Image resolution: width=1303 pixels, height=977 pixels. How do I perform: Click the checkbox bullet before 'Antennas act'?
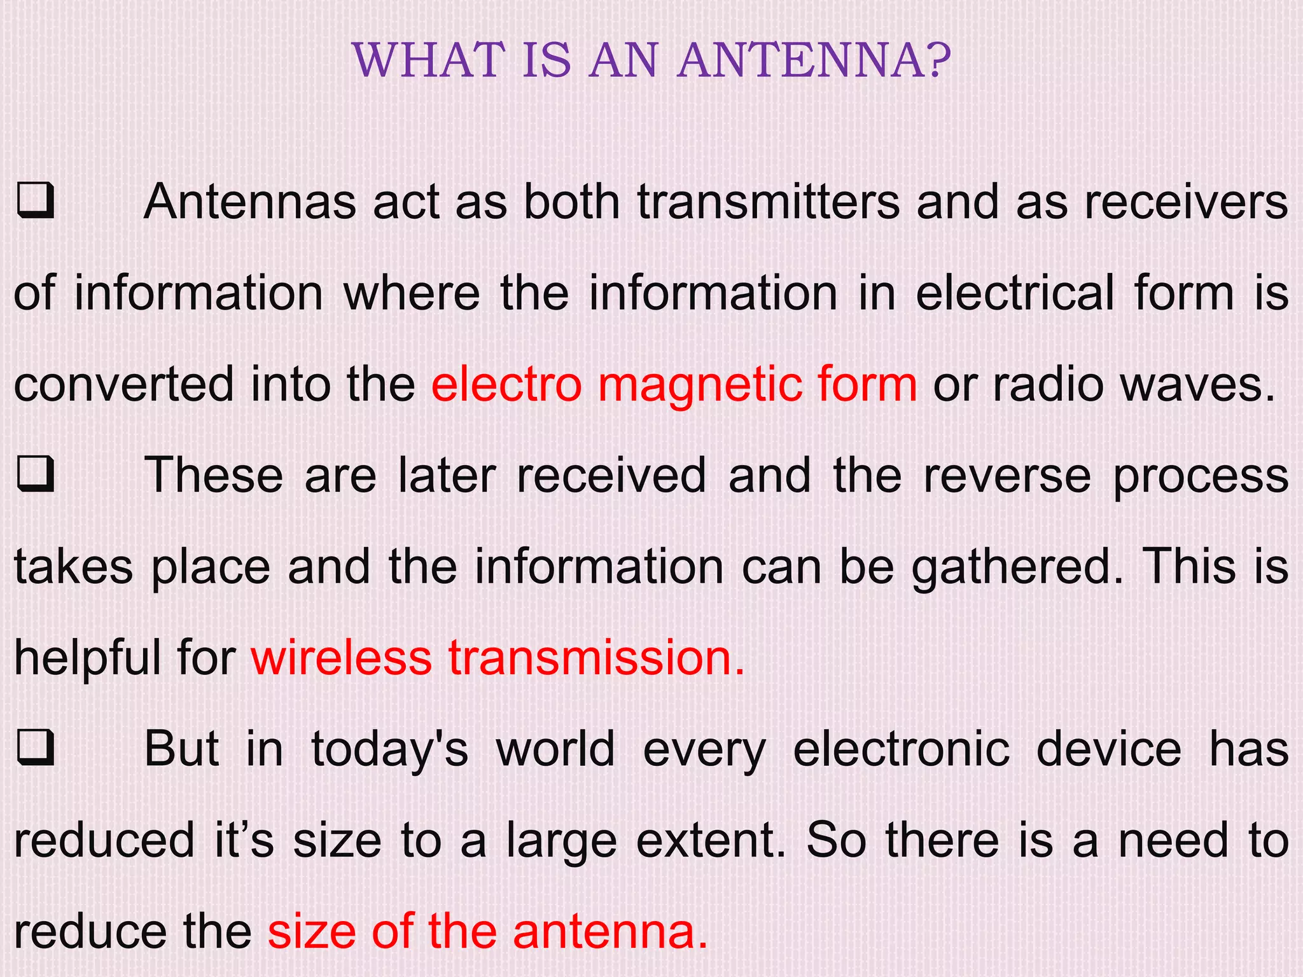36,202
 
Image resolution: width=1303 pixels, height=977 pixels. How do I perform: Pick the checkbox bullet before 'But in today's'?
36,749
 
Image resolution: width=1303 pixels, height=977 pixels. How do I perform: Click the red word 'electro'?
506,384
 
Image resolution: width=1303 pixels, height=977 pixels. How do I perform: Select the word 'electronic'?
902,749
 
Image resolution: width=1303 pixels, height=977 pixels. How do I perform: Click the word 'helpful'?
88,658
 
